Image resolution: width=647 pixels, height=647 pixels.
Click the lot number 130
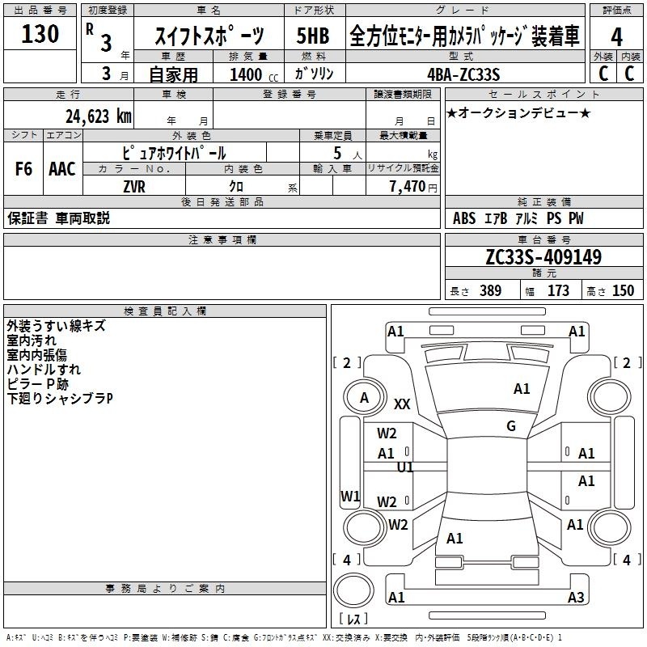40,34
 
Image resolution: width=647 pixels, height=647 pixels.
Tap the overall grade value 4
616,37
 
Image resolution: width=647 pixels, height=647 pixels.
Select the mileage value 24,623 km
99,116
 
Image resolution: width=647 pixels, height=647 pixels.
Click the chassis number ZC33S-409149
543,257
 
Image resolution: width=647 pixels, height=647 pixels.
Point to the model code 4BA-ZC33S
463,74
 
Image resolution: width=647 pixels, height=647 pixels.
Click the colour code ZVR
134,187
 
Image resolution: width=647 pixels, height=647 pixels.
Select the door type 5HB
313,36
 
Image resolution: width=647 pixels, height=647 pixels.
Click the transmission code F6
23,169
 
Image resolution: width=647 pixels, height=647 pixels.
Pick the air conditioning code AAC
62,169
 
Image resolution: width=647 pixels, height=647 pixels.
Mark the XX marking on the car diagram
402,404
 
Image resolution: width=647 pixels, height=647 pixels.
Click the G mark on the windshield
511,425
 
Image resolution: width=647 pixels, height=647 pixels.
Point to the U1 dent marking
405,467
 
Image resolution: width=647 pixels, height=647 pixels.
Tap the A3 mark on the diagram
576,597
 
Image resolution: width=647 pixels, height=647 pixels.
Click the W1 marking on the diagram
350,496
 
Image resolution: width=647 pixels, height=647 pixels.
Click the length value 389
490,290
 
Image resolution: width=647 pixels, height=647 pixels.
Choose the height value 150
623,290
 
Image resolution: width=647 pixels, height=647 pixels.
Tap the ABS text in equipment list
464,218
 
